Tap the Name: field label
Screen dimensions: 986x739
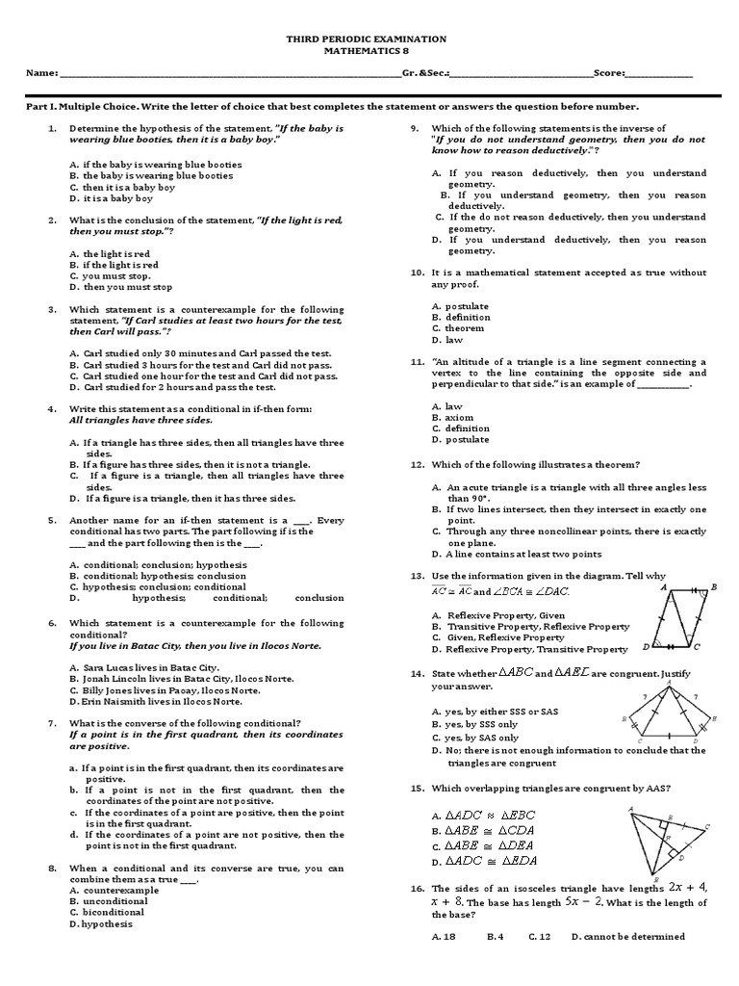click(x=42, y=73)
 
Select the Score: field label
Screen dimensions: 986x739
click(x=609, y=73)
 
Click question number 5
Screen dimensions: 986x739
click(x=51, y=520)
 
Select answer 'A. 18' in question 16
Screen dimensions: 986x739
click(x=444, y=936)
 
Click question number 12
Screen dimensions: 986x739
click(x=417, y=464)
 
